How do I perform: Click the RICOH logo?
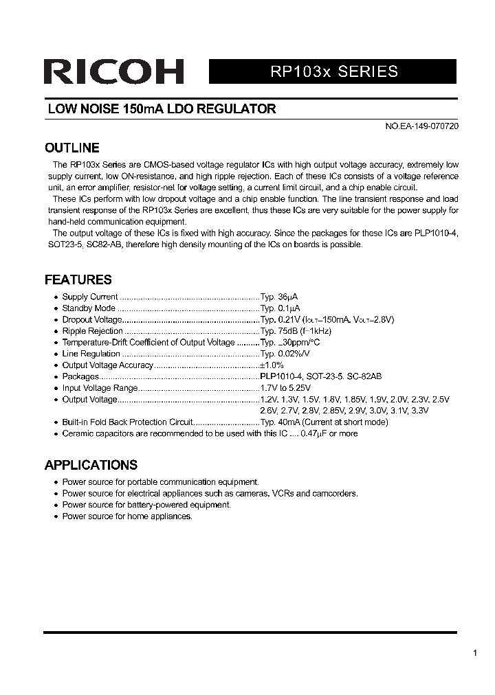[x=113, y=71]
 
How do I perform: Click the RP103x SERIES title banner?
[x=332, y=71]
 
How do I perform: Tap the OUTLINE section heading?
[x=71, y=148]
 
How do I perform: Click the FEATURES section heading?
[x=78, y=280]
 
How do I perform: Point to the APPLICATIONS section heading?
[x=91, y=465]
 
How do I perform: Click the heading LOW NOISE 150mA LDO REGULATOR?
[x=162, y=109]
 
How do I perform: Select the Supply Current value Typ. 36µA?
[x=279, y=297]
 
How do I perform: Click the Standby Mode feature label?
[x=89, y=308]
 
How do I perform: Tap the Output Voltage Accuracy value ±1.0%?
[x=272, y=365]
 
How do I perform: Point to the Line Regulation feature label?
[x=91, y=354]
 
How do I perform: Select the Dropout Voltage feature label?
[x=91, y=319]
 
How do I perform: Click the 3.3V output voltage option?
[x=419, y=411]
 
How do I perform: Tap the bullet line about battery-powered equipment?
[x=146, y=505]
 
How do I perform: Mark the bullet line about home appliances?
[x=127, y=516]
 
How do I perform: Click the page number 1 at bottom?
[x=475, y=653]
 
